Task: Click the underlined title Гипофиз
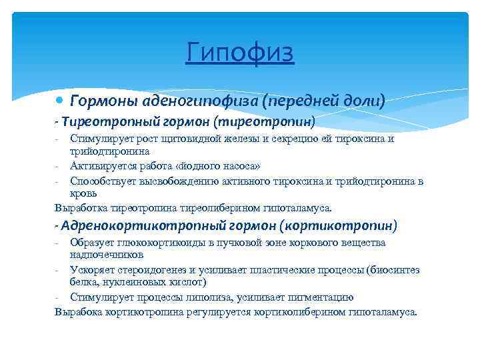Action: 240,53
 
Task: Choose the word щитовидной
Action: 175,139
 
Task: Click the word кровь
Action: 83,193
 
